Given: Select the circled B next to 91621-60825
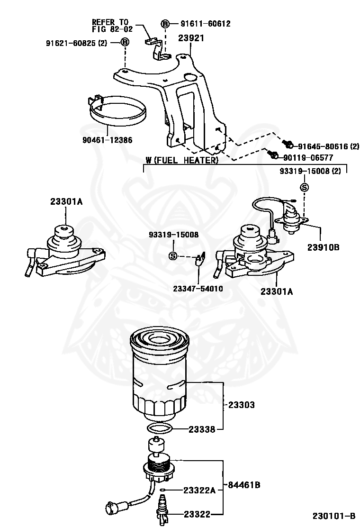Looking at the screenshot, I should (x=125, y=43).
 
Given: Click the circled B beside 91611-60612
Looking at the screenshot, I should (x=165, y=24).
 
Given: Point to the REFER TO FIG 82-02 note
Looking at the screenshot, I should (x=112, y=26).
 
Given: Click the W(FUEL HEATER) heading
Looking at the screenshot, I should (x=182, y=161).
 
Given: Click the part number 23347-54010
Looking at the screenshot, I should (x=198, y=288).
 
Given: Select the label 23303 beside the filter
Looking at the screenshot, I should (x=241, y=405).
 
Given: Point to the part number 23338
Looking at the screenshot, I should (x=202, y=429).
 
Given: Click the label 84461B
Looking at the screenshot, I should (x=243, y=485).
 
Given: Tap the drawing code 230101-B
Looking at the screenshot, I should (x=333, y=516).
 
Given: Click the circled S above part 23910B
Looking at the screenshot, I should (x=305, y=187).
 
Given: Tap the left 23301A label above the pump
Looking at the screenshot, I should (x=66, y=201).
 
